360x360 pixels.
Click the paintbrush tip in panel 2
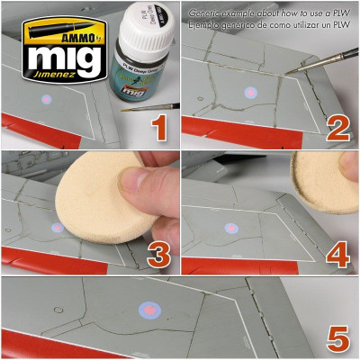(289, 69)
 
